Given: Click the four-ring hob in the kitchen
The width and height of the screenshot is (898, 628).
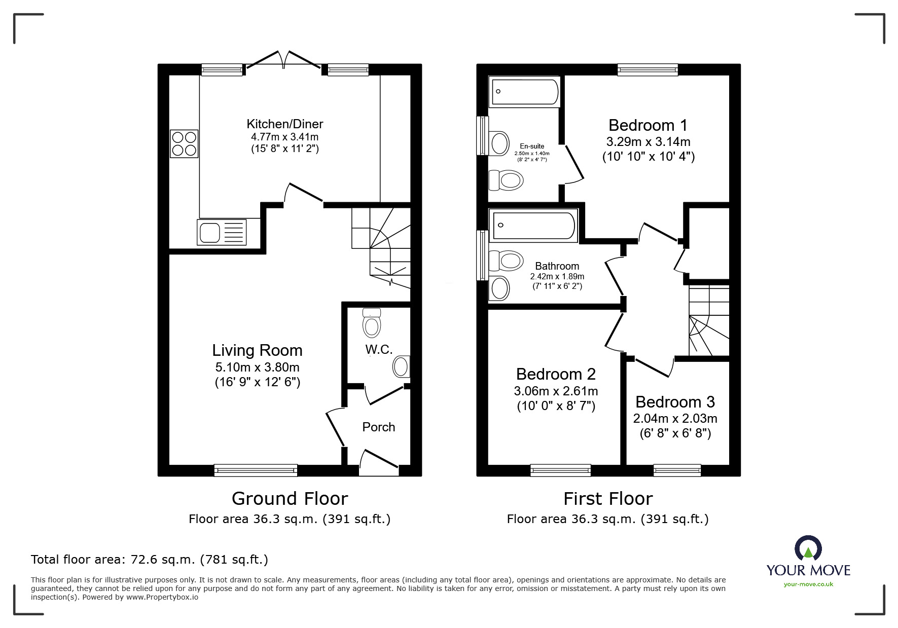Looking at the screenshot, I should point(184,143).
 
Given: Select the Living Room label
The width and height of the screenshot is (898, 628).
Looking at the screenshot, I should point(257,350).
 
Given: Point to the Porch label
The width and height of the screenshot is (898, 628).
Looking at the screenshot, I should point(378,427).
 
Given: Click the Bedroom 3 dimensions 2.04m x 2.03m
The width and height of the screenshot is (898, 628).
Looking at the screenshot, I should point(675,419).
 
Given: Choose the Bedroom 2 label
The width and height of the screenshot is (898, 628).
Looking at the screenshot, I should point(556,374).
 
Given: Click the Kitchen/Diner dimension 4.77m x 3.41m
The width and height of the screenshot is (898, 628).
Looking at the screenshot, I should point(284,137).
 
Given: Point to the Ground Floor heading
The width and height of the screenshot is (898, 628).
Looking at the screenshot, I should point(290,499).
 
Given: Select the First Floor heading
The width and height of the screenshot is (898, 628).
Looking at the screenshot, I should point(607,499).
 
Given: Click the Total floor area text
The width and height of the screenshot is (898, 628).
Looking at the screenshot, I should point(150,560).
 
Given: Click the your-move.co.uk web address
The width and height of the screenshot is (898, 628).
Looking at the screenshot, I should point(808,584).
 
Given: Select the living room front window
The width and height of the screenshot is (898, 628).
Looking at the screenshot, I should point(256,470).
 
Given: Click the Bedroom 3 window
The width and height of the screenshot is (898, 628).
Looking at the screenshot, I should point(677,470).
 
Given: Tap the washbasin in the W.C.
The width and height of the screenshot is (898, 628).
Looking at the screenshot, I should point(401,366).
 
